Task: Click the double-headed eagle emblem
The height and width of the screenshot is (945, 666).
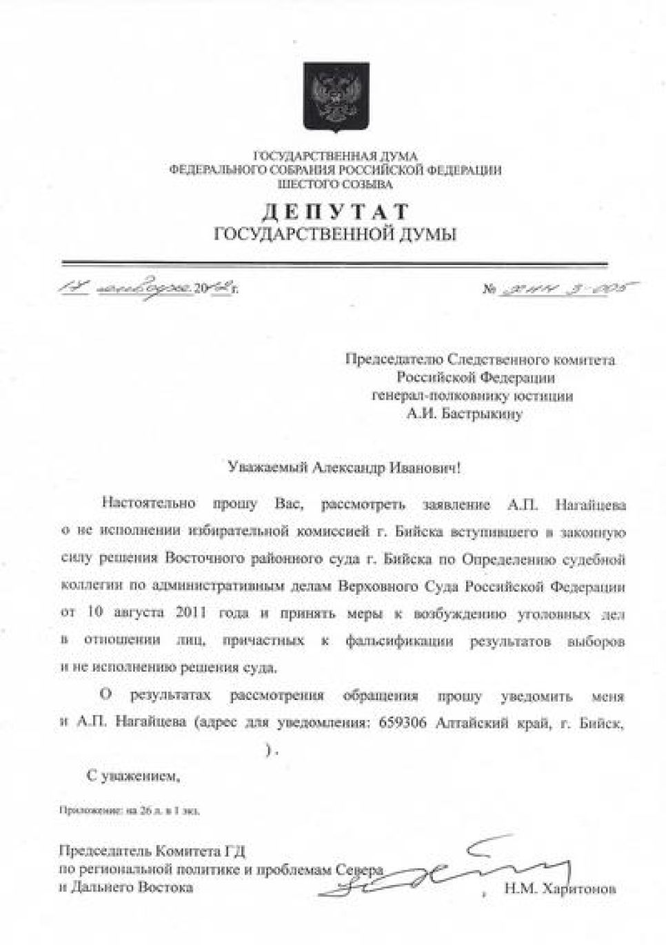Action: pos(336,97)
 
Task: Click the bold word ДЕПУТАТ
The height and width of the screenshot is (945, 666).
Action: pos(336,212)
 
